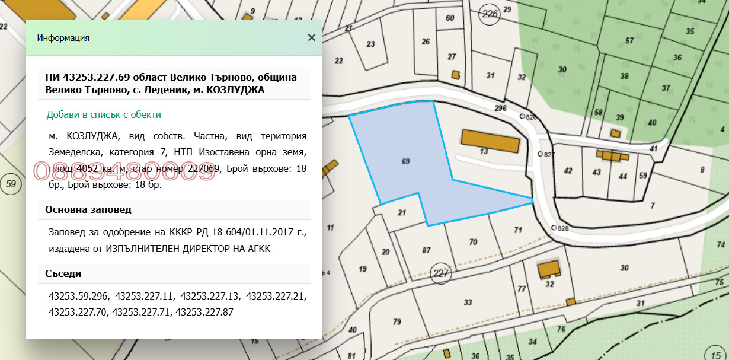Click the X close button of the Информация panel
(x=311, y=38)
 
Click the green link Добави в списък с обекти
(x=104, y=114)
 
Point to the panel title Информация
(x=63, y=38)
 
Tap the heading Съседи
(x=63, y=273)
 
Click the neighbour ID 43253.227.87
(x=203, y=311)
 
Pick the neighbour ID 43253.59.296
(x=79, y=295)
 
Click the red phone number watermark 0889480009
(x=124, y=171)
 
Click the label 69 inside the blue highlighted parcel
(x=405, y=161)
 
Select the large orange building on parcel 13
(x=490, y=142)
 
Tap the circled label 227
(x=442, y=273)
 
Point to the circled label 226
(x=490, y=14)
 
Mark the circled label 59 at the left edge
(x=10, y=184)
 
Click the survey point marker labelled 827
(x=540, y=154)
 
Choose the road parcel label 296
(x=500, y=109)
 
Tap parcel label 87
(x=426, y=250)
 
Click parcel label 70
(x=473, y=242)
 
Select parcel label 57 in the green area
(x=629, y=41)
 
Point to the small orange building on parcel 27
(x=455, y=75)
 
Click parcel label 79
(x=397, y=322)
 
